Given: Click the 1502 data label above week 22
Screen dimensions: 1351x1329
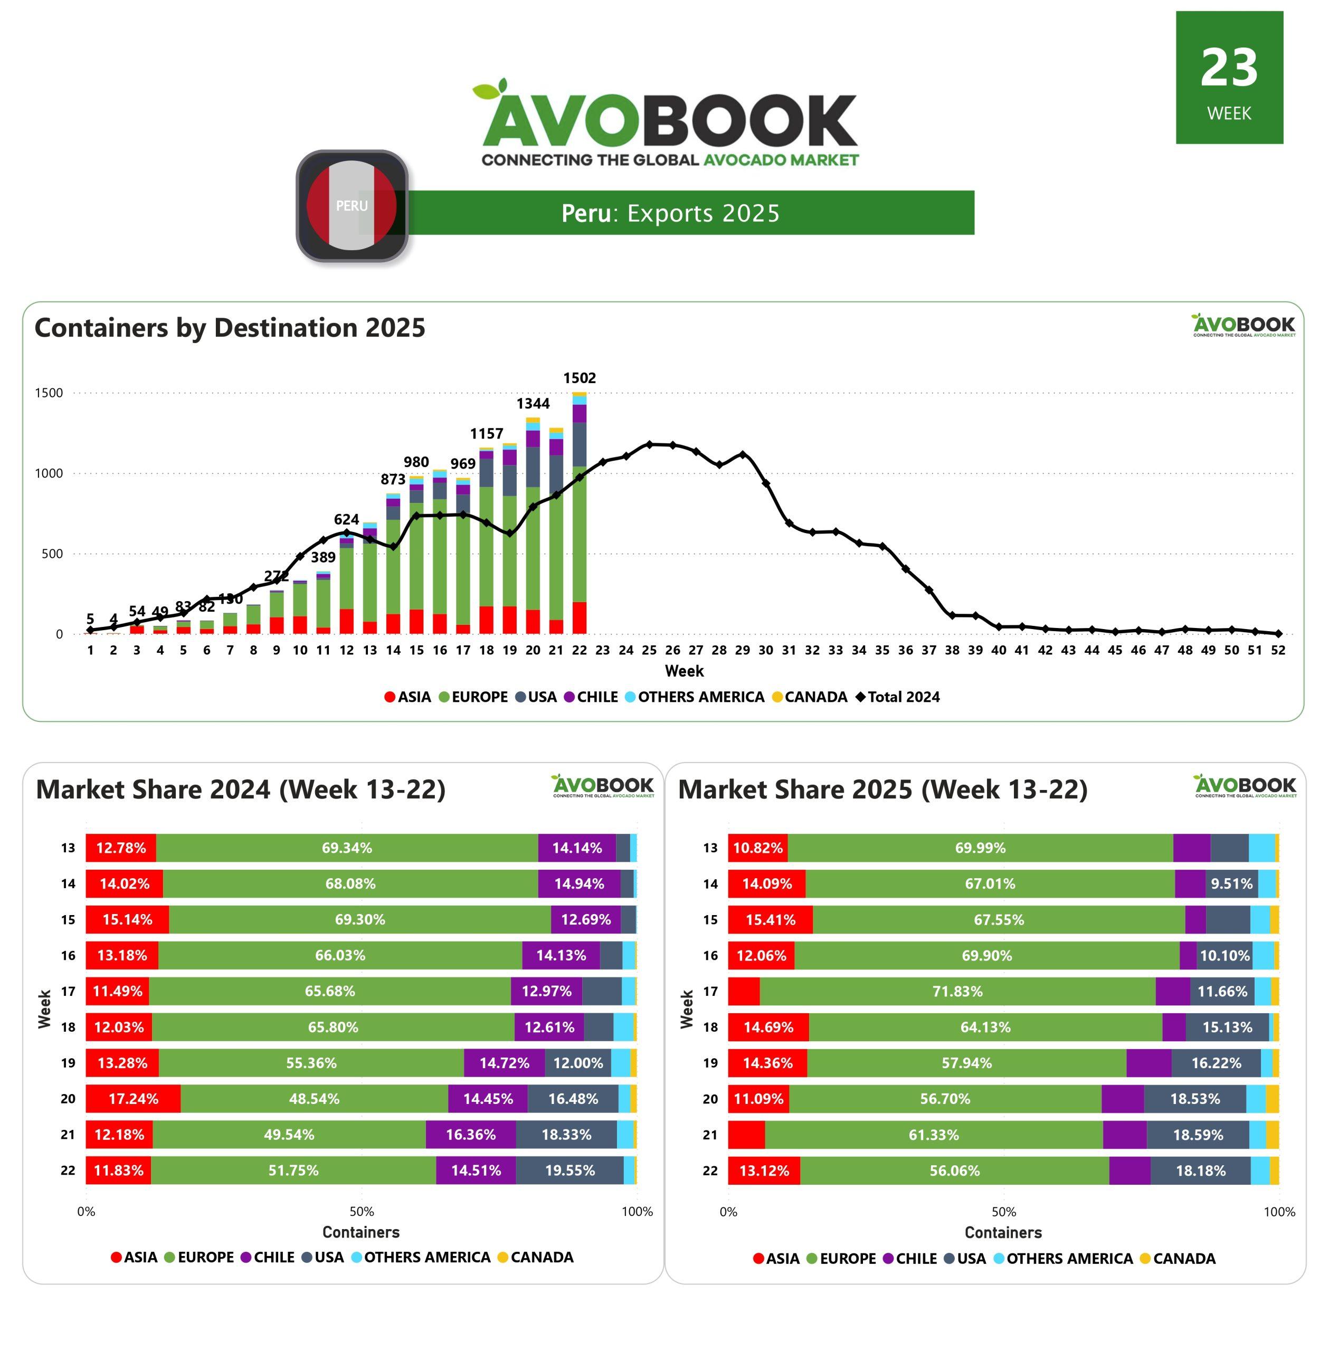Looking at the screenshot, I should (580, 378).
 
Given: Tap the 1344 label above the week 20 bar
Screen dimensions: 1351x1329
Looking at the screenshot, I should (533, 403).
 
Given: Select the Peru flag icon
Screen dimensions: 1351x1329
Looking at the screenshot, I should (352, 206).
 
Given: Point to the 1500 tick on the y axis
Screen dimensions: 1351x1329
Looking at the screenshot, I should (49, 393).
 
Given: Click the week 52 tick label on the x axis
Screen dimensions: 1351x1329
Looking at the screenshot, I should (1277, 650).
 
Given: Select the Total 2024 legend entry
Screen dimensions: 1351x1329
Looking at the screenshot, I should (898, 697).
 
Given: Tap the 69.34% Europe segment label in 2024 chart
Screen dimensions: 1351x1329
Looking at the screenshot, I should (347, 848).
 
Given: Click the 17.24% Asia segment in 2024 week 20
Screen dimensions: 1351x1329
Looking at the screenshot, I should (134, 1098).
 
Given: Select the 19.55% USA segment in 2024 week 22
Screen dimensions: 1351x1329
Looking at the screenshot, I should (569, 1171).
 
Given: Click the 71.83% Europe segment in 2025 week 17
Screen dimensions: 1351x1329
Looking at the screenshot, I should (957, 991).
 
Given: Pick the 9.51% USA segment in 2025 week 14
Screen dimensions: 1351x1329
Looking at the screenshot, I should (1231, 883).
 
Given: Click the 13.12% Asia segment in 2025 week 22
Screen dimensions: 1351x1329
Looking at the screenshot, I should (764, 1171).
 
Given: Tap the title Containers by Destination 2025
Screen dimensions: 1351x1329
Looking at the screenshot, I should (230, 327).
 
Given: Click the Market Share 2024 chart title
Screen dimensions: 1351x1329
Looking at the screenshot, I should (241, 789).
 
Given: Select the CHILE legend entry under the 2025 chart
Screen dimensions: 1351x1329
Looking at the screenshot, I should (910, 1258).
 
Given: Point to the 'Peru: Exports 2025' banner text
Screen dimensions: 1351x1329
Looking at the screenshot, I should (670, 213).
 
